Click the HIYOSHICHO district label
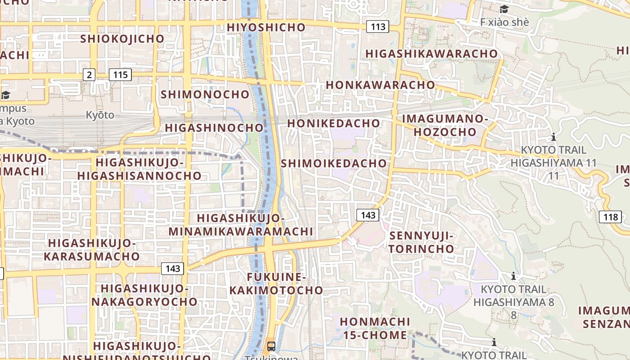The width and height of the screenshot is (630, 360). tap(266, 27)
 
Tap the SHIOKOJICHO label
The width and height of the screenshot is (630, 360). tap(122, 39)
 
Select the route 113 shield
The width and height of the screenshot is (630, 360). tap(378, 27)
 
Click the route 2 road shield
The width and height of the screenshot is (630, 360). tap(89, 75)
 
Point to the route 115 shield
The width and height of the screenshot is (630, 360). tap(120, 75)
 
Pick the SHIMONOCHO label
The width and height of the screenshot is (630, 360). tap(205, 94)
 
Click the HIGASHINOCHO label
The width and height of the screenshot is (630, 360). tap(214, 128)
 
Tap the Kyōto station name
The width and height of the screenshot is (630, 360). tap(100, 115)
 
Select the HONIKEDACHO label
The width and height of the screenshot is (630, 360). tap(333, 123)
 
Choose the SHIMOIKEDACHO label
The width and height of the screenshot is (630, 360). tap(334, 163)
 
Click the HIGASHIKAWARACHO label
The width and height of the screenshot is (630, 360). tap(432, 54)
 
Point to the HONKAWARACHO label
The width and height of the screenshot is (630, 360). tap(380, 85)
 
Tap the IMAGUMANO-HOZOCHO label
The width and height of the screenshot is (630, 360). tap(445, 126)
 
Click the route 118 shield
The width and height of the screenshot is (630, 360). tap(611, 217)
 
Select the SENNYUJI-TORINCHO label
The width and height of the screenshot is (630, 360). tap(422, 242)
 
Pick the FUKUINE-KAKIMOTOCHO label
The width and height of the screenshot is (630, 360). tap(276, 283)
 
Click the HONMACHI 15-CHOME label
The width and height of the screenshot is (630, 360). tap(375, 328)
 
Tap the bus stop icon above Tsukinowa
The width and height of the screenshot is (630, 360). tap(271, 346)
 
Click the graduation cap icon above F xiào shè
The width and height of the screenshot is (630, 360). tap(504, 9)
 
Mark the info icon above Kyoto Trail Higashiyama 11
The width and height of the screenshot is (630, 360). tap(553, 137)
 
